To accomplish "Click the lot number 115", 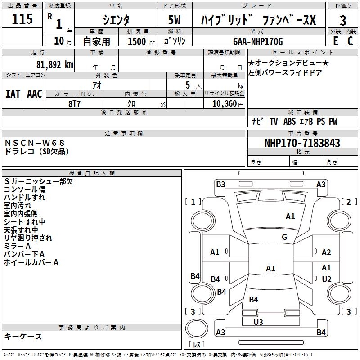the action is (22, 20).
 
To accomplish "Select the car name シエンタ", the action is (116, 20).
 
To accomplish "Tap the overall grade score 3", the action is (343, 21).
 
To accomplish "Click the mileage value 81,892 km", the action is (54, 65).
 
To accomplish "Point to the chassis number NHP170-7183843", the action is (302, 144).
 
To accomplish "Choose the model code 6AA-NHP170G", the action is (258, 41).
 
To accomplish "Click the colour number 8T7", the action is (75, 103).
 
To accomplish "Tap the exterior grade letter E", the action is (335, 41).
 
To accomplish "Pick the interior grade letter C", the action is (350, 41).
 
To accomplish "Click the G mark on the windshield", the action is (284, 237).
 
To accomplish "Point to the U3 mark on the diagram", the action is (258, 322).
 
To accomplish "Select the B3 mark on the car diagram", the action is (220, 184).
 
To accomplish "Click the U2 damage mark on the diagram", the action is (327, 279).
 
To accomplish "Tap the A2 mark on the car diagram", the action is (327, 252).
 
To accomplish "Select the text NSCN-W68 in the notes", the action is (35, 143).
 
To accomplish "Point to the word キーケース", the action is (23, 337).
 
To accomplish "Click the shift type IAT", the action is (13, 94).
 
